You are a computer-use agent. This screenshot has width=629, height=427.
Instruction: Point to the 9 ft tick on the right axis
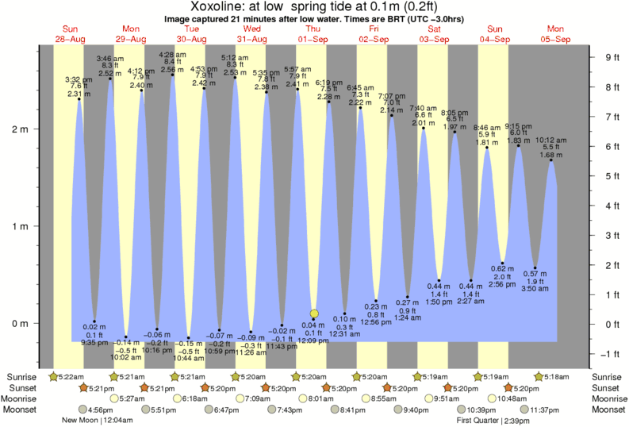tap(612, 57)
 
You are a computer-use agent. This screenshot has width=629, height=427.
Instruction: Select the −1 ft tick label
tap(611, 354)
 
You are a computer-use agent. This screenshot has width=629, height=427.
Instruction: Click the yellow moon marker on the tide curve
tap(314, 314)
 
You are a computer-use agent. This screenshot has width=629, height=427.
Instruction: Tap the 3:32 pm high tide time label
tap(77, 79)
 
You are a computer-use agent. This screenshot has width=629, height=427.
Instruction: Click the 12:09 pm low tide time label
tap(313, 340)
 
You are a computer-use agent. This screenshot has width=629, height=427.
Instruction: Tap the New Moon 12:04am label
tap(98, 421)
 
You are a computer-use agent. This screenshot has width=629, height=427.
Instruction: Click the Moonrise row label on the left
tap(23, 398)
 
